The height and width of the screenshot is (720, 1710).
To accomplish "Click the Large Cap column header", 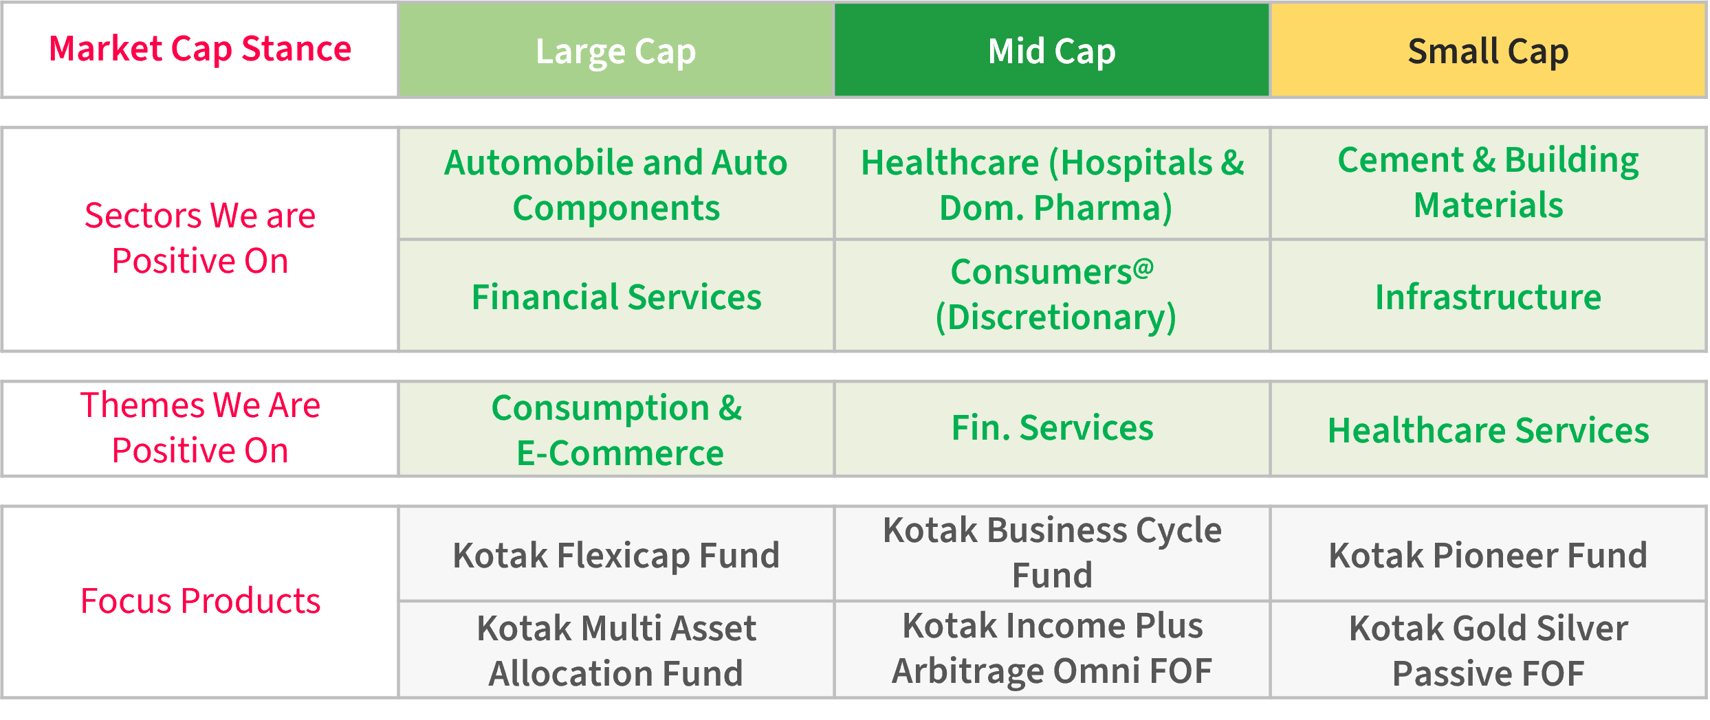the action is [616, 50].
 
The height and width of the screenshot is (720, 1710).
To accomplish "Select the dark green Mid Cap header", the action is [1052, 50].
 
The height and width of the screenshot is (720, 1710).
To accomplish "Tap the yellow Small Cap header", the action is [1489, 50].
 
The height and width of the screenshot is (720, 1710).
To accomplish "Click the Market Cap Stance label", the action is [200, 49].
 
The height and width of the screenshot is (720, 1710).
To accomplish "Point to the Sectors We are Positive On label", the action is [200, 238].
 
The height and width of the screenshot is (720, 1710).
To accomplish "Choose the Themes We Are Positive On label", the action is [200, 427].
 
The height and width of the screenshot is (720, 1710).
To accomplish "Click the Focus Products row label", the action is [200, 601].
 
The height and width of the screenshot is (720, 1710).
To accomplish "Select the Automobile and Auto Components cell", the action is [616, 184].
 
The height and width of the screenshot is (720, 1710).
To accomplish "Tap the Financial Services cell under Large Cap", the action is [616, 296].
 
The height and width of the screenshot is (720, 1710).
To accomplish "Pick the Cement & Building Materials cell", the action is [1489, 184].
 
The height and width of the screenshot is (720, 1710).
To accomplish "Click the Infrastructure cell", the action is [1489, 296].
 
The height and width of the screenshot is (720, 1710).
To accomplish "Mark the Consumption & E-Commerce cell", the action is [616, 429].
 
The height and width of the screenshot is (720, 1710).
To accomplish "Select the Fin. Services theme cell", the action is [1052, 429].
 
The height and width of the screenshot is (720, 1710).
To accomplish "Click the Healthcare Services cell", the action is [1489, 429].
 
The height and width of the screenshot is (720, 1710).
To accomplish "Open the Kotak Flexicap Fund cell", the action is [616, 554].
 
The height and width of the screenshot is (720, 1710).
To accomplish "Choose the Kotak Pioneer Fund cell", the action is [1489, 554].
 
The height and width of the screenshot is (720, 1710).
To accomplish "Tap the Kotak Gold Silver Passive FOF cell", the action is [1489, 650].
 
